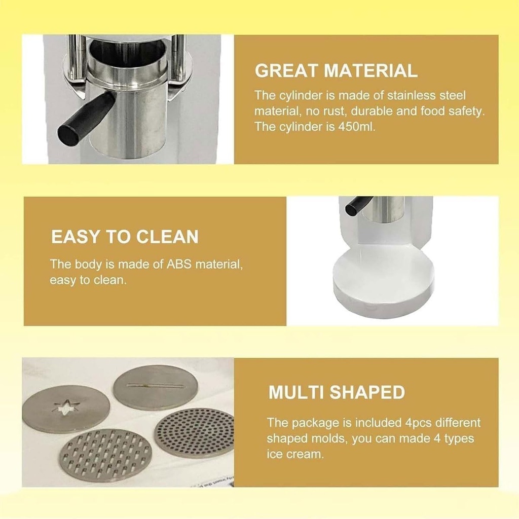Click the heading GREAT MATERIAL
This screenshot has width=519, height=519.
[336, 70]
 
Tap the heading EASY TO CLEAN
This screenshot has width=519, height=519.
[125, 237]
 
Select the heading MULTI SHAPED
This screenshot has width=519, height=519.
[337, 392]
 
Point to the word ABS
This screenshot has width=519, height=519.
[179, 264]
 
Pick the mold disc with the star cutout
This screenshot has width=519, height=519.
[66, 409]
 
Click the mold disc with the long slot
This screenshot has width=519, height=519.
[156, 387]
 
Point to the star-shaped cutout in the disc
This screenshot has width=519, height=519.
[67, 408]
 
